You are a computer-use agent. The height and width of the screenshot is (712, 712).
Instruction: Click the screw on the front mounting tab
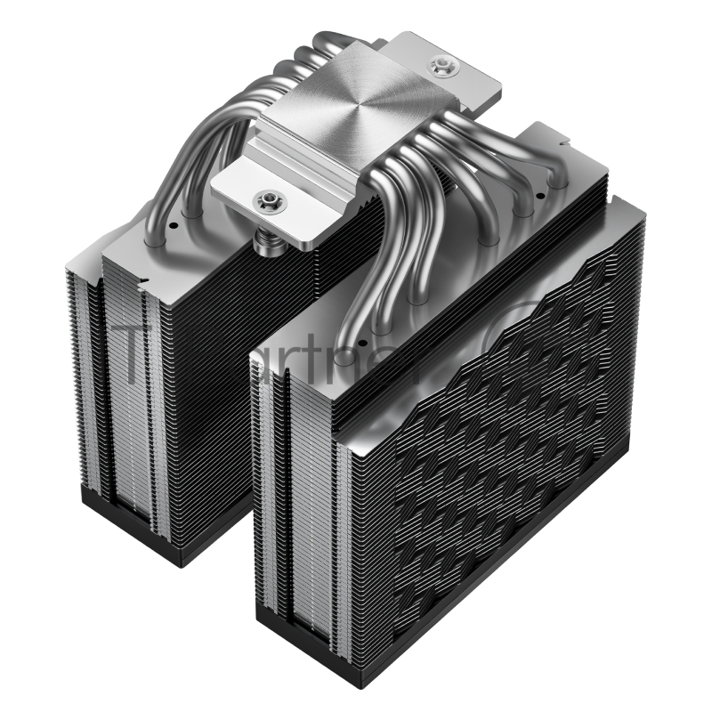click(x=265, y=203)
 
